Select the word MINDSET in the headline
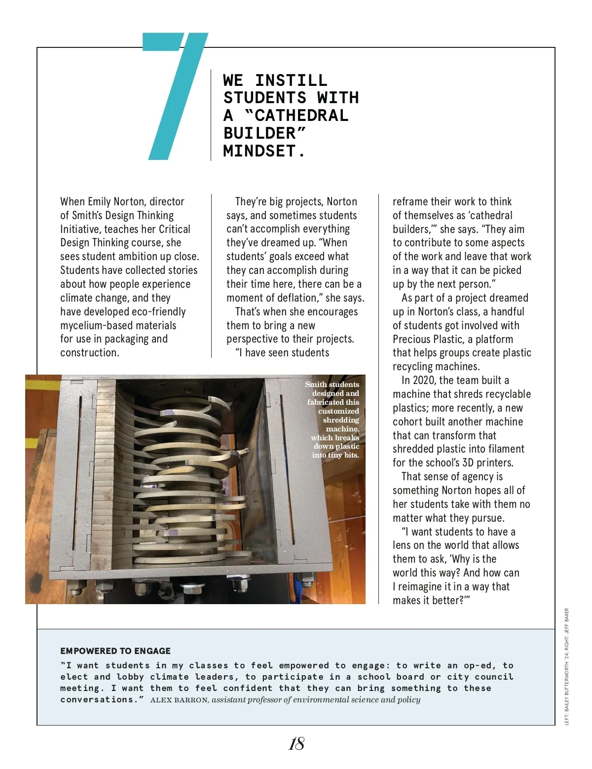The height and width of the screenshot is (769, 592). click(x=259, y=151)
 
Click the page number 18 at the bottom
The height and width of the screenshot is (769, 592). click(x=296, y=744)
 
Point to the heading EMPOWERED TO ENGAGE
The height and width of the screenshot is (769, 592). click(x=115, y=651)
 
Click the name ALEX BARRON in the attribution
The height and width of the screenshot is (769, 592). click(x=179, y=700)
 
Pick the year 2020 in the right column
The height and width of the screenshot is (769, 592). click(x=424, y=380)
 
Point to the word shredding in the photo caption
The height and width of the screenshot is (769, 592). click(x=341, y=420)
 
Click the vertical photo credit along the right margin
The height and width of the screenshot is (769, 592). click(x=567, y=666)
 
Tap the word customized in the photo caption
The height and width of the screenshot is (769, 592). click(x=338, y=411)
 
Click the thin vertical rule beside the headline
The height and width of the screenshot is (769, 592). click(x=211, y=115)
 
